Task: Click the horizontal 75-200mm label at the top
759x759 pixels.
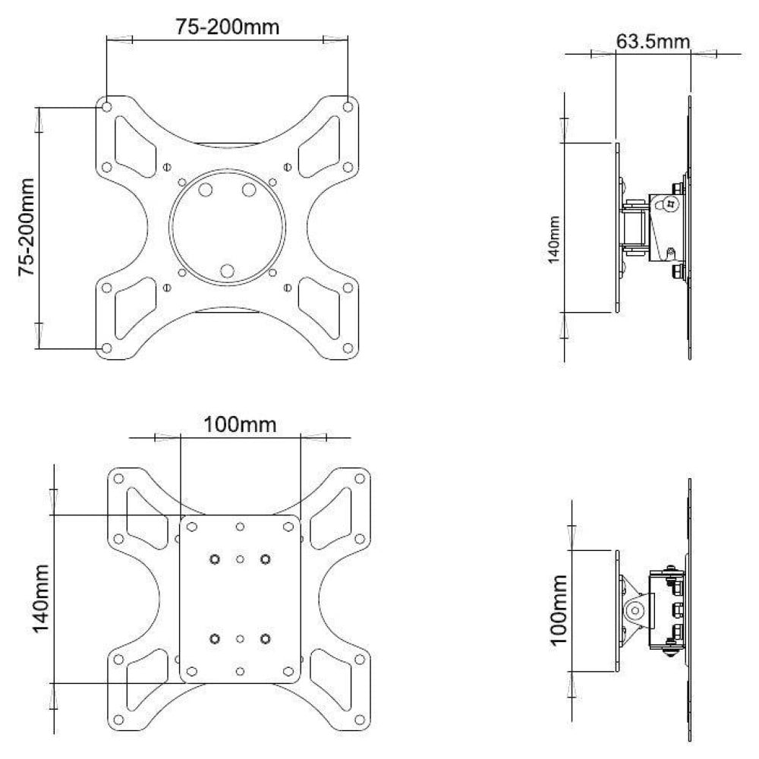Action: point(228,27)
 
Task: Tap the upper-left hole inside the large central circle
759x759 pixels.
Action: point(205,190)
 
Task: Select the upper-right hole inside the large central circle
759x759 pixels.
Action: point(249,190)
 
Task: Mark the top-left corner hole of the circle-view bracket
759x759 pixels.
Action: point(106,106)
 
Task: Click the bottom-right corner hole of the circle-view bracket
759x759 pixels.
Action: point(348,348)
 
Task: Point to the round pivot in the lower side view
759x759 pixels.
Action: point(636,609)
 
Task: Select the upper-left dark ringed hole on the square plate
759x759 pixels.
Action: point(215,559)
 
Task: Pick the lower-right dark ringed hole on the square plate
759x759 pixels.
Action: point(265,638)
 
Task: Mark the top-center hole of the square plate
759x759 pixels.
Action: point(240,526)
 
